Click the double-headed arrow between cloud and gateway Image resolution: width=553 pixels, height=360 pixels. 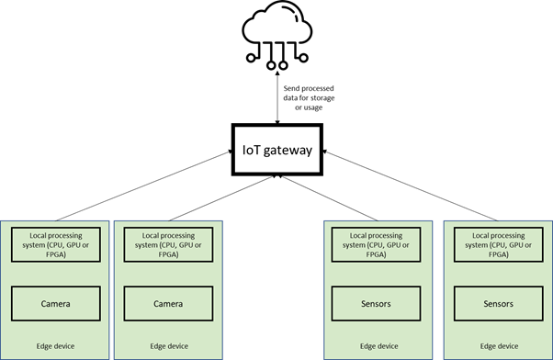click(x=276, y=101)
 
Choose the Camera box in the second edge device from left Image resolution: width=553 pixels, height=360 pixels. click(x=167, y=302)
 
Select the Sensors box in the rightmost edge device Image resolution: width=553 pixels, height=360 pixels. click(x=497, y=302)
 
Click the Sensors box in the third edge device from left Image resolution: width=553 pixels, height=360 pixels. click(x=377, y=302)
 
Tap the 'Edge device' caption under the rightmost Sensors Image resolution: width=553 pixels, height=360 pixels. click(x=497, y=346)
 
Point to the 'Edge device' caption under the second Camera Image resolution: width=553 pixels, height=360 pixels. click(x=167, y=346)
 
